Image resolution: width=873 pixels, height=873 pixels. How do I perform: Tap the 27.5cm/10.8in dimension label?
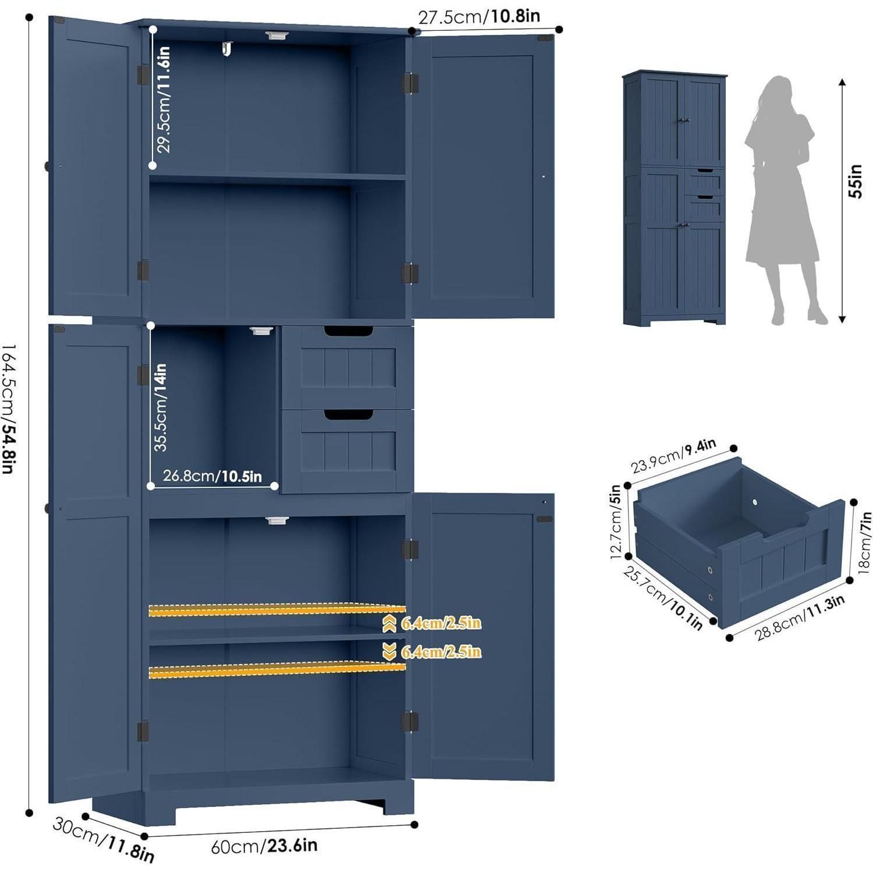coord(479,16)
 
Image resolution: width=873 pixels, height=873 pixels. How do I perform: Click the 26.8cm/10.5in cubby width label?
coord(212,476)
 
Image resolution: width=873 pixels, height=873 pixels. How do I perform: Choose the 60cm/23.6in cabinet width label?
coord(264,845)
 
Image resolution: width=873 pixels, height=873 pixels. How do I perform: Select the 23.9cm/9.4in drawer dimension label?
coord(673,456)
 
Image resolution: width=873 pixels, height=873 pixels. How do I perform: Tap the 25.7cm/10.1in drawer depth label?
coord(663,597)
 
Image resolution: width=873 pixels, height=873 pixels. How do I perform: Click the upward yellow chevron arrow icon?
coord(389,623)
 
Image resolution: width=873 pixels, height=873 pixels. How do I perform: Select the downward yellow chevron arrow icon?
coord(389,652)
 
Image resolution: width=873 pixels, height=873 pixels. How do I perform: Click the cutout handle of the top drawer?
coord(349,332)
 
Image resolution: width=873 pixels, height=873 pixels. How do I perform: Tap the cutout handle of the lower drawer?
coord(349,414)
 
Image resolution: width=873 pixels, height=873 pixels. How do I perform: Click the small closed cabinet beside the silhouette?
coord(675,198)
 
